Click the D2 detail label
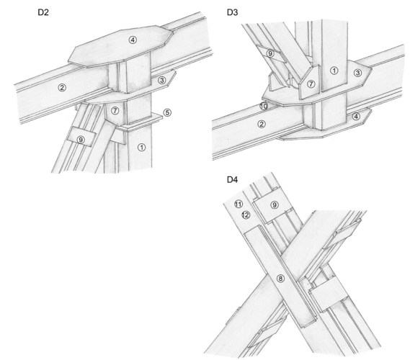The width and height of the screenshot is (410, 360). tap(43, 12)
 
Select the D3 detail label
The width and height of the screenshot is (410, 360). tap(233, 12)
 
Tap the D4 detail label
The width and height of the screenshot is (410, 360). tap(233, 179)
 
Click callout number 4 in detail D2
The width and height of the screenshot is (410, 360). tap(133, 40)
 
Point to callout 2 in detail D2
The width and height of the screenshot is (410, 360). tap(62, 88)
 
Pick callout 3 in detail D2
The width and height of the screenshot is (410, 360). tap(162, 80)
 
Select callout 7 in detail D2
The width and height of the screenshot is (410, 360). tap(115, 111)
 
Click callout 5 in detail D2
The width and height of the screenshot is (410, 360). tap(167, 113)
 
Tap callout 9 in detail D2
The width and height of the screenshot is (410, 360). tap(81, 140)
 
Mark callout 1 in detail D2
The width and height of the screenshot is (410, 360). tap(142, 148)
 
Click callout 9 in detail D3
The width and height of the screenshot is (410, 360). tap(270, 54)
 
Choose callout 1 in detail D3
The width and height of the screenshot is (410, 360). tap(334, 71)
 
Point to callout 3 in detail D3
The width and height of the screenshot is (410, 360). tap(357, 73)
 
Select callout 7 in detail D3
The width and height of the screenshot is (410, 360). tap(311, 84)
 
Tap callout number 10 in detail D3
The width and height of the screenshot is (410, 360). tap(264, 107)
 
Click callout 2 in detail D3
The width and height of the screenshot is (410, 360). tap(262, 124)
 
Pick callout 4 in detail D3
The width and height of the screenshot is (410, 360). tap(356, 116)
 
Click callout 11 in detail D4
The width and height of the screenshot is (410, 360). tap(239, 204)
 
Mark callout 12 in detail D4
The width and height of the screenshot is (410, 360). tap(246, 215)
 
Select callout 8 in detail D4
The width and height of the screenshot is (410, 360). tap(280, 279)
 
